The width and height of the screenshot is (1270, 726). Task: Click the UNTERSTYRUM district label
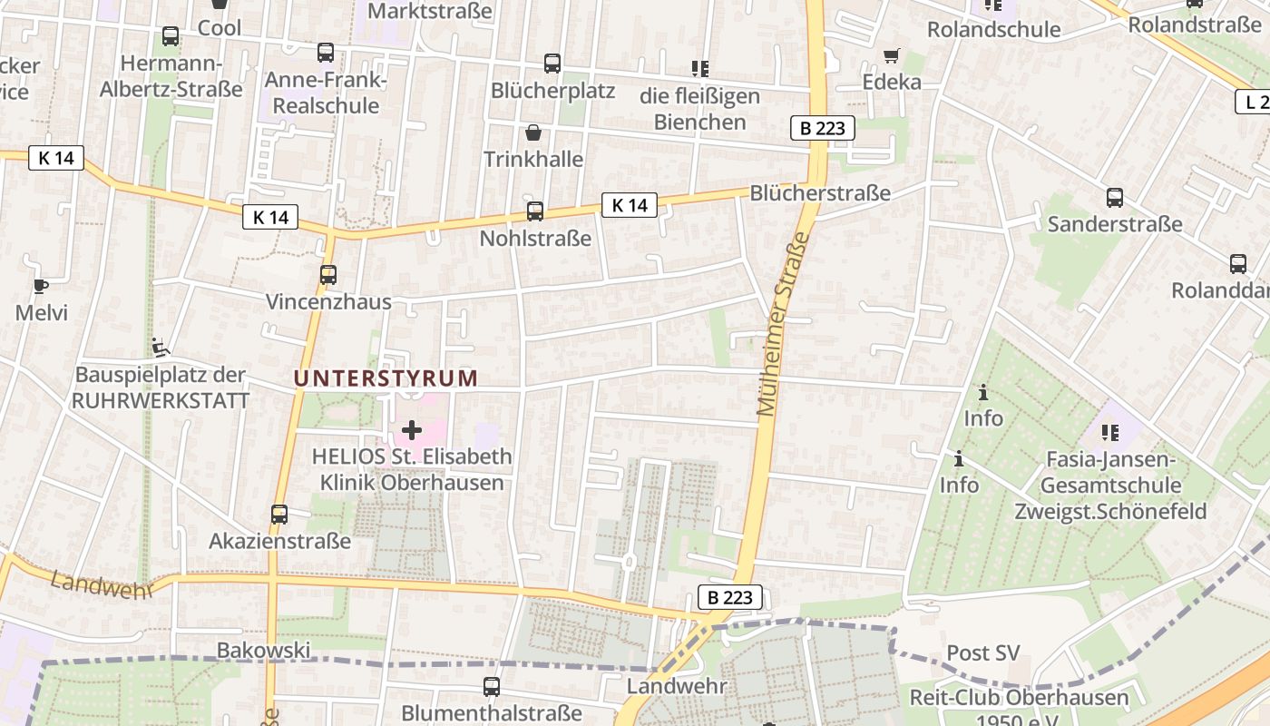coord(386,378)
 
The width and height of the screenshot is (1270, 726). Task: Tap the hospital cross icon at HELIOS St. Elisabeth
coord(412,430)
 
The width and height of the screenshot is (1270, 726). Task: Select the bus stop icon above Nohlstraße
coord(535,211)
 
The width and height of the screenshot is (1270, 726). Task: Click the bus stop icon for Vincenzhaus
coord(328,274)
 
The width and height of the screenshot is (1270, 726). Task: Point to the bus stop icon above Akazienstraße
coord(279,515)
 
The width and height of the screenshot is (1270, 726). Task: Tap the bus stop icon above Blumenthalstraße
coord(492,686)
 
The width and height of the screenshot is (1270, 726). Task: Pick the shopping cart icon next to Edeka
coord(892,55)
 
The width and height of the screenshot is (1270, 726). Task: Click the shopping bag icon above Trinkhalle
coord(533,132)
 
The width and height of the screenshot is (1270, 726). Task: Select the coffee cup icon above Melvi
coord(41,286)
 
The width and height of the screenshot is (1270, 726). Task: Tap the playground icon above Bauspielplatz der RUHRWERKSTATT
coord(160,347)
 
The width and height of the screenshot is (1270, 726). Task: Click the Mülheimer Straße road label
coord(781,324)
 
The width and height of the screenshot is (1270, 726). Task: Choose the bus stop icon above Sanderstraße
coord(1115,198)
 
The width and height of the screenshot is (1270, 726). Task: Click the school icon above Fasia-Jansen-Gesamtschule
coord(1109,433)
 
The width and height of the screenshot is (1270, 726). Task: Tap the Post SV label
coord(983,653)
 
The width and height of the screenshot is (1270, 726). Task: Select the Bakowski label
coord(263,650)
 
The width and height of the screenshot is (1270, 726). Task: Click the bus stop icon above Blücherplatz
coord(552,64)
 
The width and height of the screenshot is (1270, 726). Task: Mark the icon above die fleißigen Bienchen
coord(699,68)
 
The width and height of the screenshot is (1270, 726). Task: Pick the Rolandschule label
coord(993,30)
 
